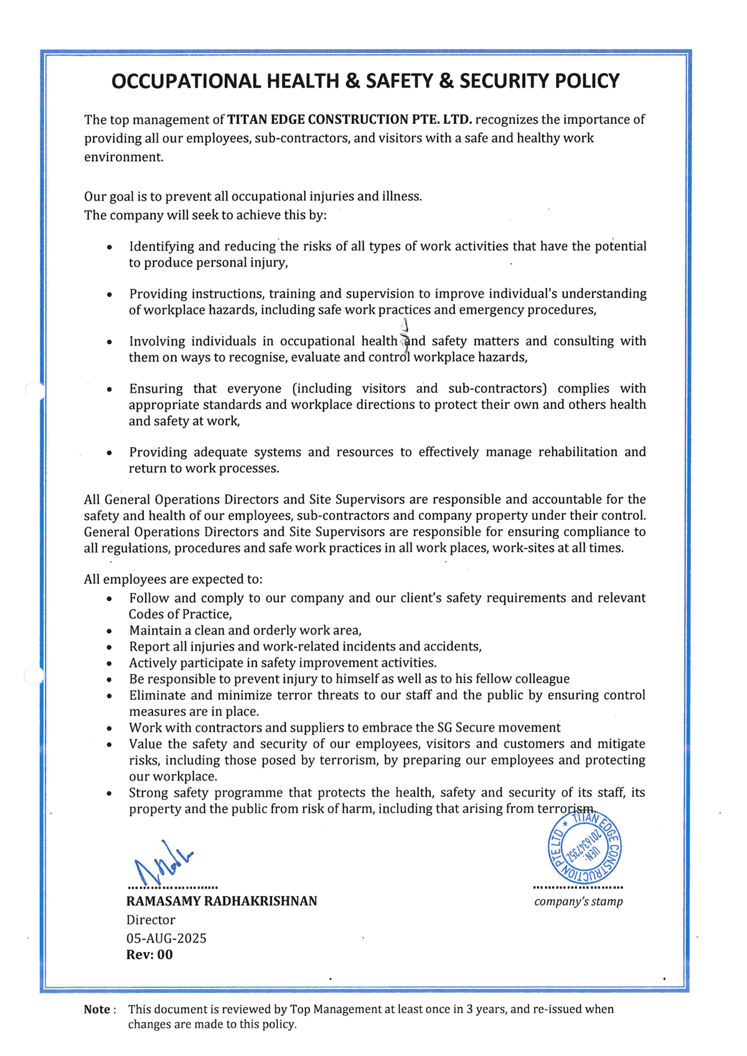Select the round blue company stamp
tap(584, 848)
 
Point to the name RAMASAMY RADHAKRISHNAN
tap(222, 901)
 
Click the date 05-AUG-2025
tap(166, 938)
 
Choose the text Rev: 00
tap(149, 955)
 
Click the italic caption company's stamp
tap(578, 902)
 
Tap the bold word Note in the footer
tap(97, 1009)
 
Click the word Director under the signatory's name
tap(151, 920)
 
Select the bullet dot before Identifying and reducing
tap(110, 247)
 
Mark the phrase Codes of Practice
tap(179, 615)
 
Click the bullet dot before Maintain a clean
tap(110, 631)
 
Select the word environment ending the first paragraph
tap(123, 157)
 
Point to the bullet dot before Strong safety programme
tap(110, 794)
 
